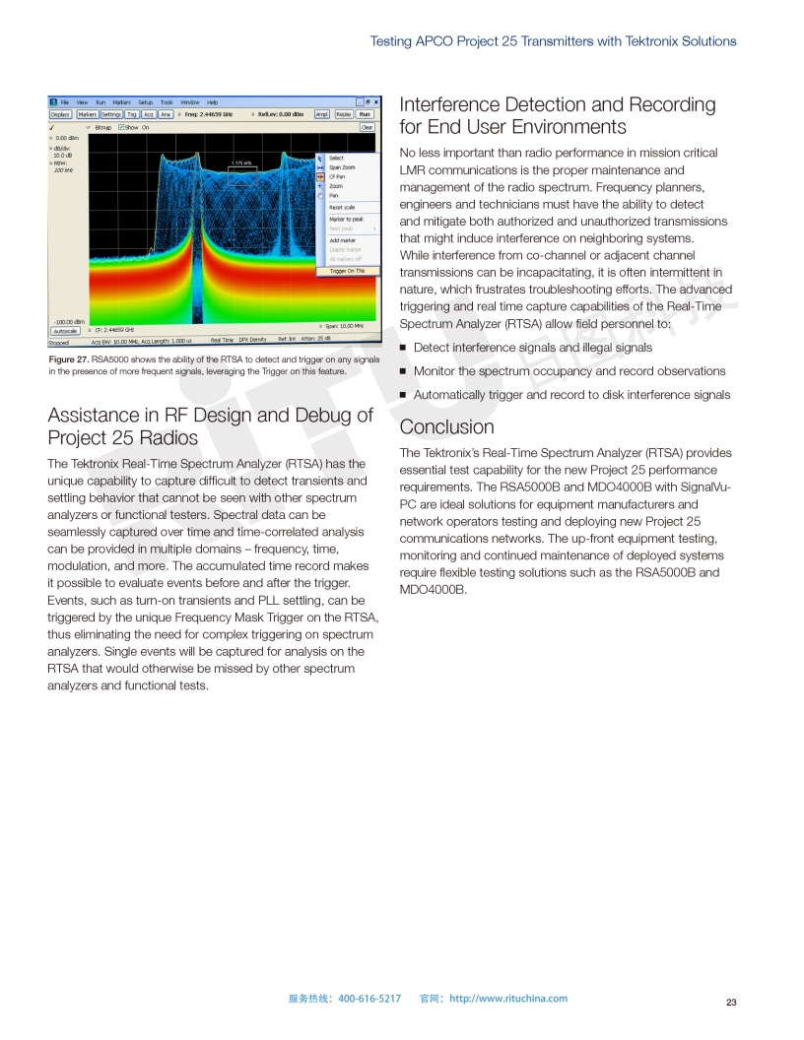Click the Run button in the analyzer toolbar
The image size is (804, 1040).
[x=365, y=114]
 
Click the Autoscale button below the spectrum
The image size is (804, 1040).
[x=64, y=331]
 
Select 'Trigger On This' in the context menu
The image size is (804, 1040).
[x=346, y=271]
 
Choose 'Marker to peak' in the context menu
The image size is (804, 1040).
[x=346, y=219]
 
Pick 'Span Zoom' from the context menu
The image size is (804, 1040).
[x=342, y=167]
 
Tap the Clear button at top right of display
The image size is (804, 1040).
[x=367, y=127]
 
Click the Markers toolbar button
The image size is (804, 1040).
[x=87, y=114]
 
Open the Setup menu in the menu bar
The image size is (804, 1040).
[x=145, y=102]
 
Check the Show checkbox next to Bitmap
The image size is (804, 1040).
[x=121, y=127]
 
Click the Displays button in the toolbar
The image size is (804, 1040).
[x=61, y=114]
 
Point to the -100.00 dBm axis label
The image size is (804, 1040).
[x=66, y=321]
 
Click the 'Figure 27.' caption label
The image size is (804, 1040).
[x=69, y=360]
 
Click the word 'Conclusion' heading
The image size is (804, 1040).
[x=446, y=427]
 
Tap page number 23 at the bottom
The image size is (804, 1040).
[x=731, y=1003]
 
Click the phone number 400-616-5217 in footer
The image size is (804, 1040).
[x=369, y=999]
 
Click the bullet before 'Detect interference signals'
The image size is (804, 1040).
[x=403, y=348]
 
